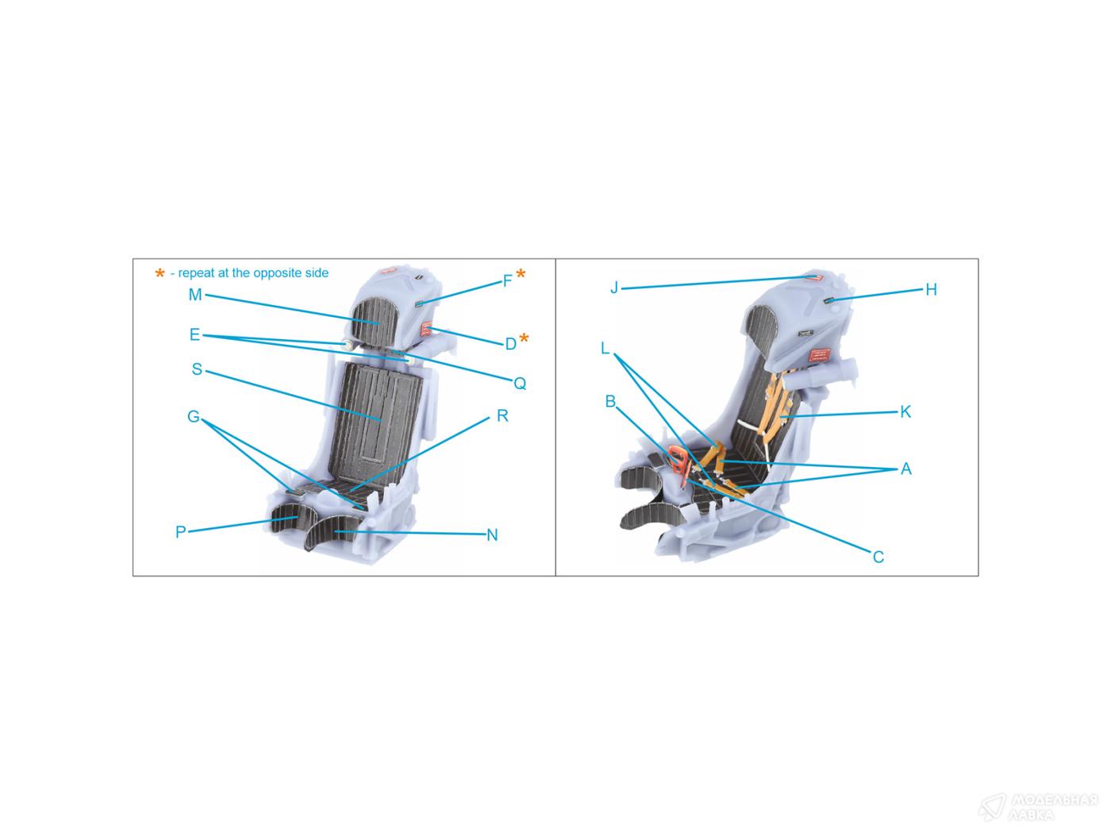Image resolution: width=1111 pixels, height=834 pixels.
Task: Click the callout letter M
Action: (195, 295)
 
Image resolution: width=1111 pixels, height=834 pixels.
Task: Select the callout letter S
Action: (197, 369)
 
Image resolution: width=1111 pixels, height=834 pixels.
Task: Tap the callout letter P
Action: (181, 531)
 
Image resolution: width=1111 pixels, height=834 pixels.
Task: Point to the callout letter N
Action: (492, 535)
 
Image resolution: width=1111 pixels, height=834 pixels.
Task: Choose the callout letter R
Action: (502, 415)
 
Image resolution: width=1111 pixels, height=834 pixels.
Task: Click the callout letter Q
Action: (520, 384)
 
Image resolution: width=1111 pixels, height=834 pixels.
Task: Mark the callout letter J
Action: (614, 288)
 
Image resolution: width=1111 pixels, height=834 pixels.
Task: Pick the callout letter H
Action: (931, 290)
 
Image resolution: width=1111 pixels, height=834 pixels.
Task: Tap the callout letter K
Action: (905, 411)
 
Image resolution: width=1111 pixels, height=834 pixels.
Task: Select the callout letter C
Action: (878, 557)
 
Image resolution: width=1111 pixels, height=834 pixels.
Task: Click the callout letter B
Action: (610, 402)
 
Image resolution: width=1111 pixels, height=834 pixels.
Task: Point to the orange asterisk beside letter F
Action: (521, 274)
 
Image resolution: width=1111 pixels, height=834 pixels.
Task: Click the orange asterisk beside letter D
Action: (524, 338)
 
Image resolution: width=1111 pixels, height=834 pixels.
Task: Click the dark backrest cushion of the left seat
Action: (375, 420)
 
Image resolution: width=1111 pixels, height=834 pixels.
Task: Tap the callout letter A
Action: (905, 469)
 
